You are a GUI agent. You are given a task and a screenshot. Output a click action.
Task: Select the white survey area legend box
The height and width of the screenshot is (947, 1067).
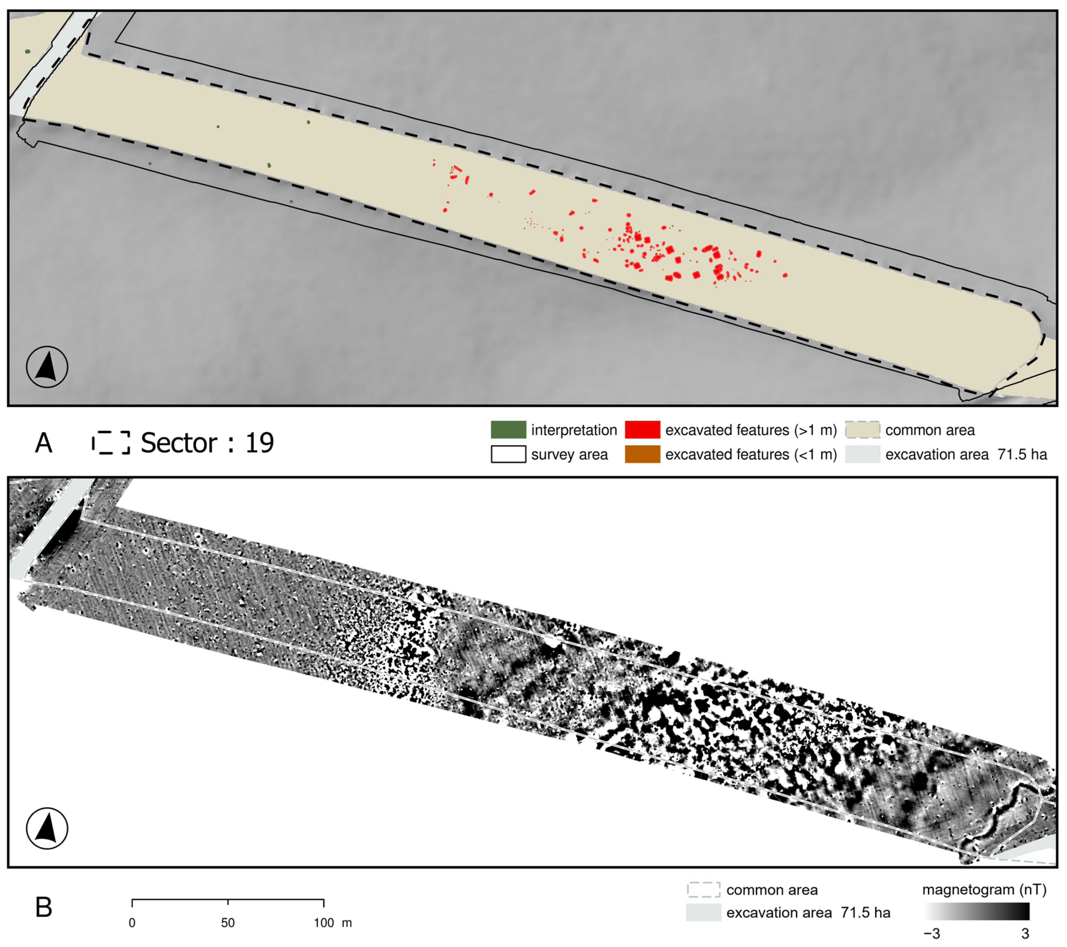click(x=508, y=454)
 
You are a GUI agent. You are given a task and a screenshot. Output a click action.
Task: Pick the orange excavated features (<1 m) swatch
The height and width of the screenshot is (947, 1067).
click(x=642, y=454)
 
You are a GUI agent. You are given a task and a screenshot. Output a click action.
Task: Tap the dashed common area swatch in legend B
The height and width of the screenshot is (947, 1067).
click(x=703, y=890)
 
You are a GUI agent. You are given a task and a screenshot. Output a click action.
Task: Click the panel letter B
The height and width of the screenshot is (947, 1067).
click(x=44, y=907)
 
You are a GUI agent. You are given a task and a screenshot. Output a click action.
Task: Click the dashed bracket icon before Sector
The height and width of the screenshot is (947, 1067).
click(x=111, y=442)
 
